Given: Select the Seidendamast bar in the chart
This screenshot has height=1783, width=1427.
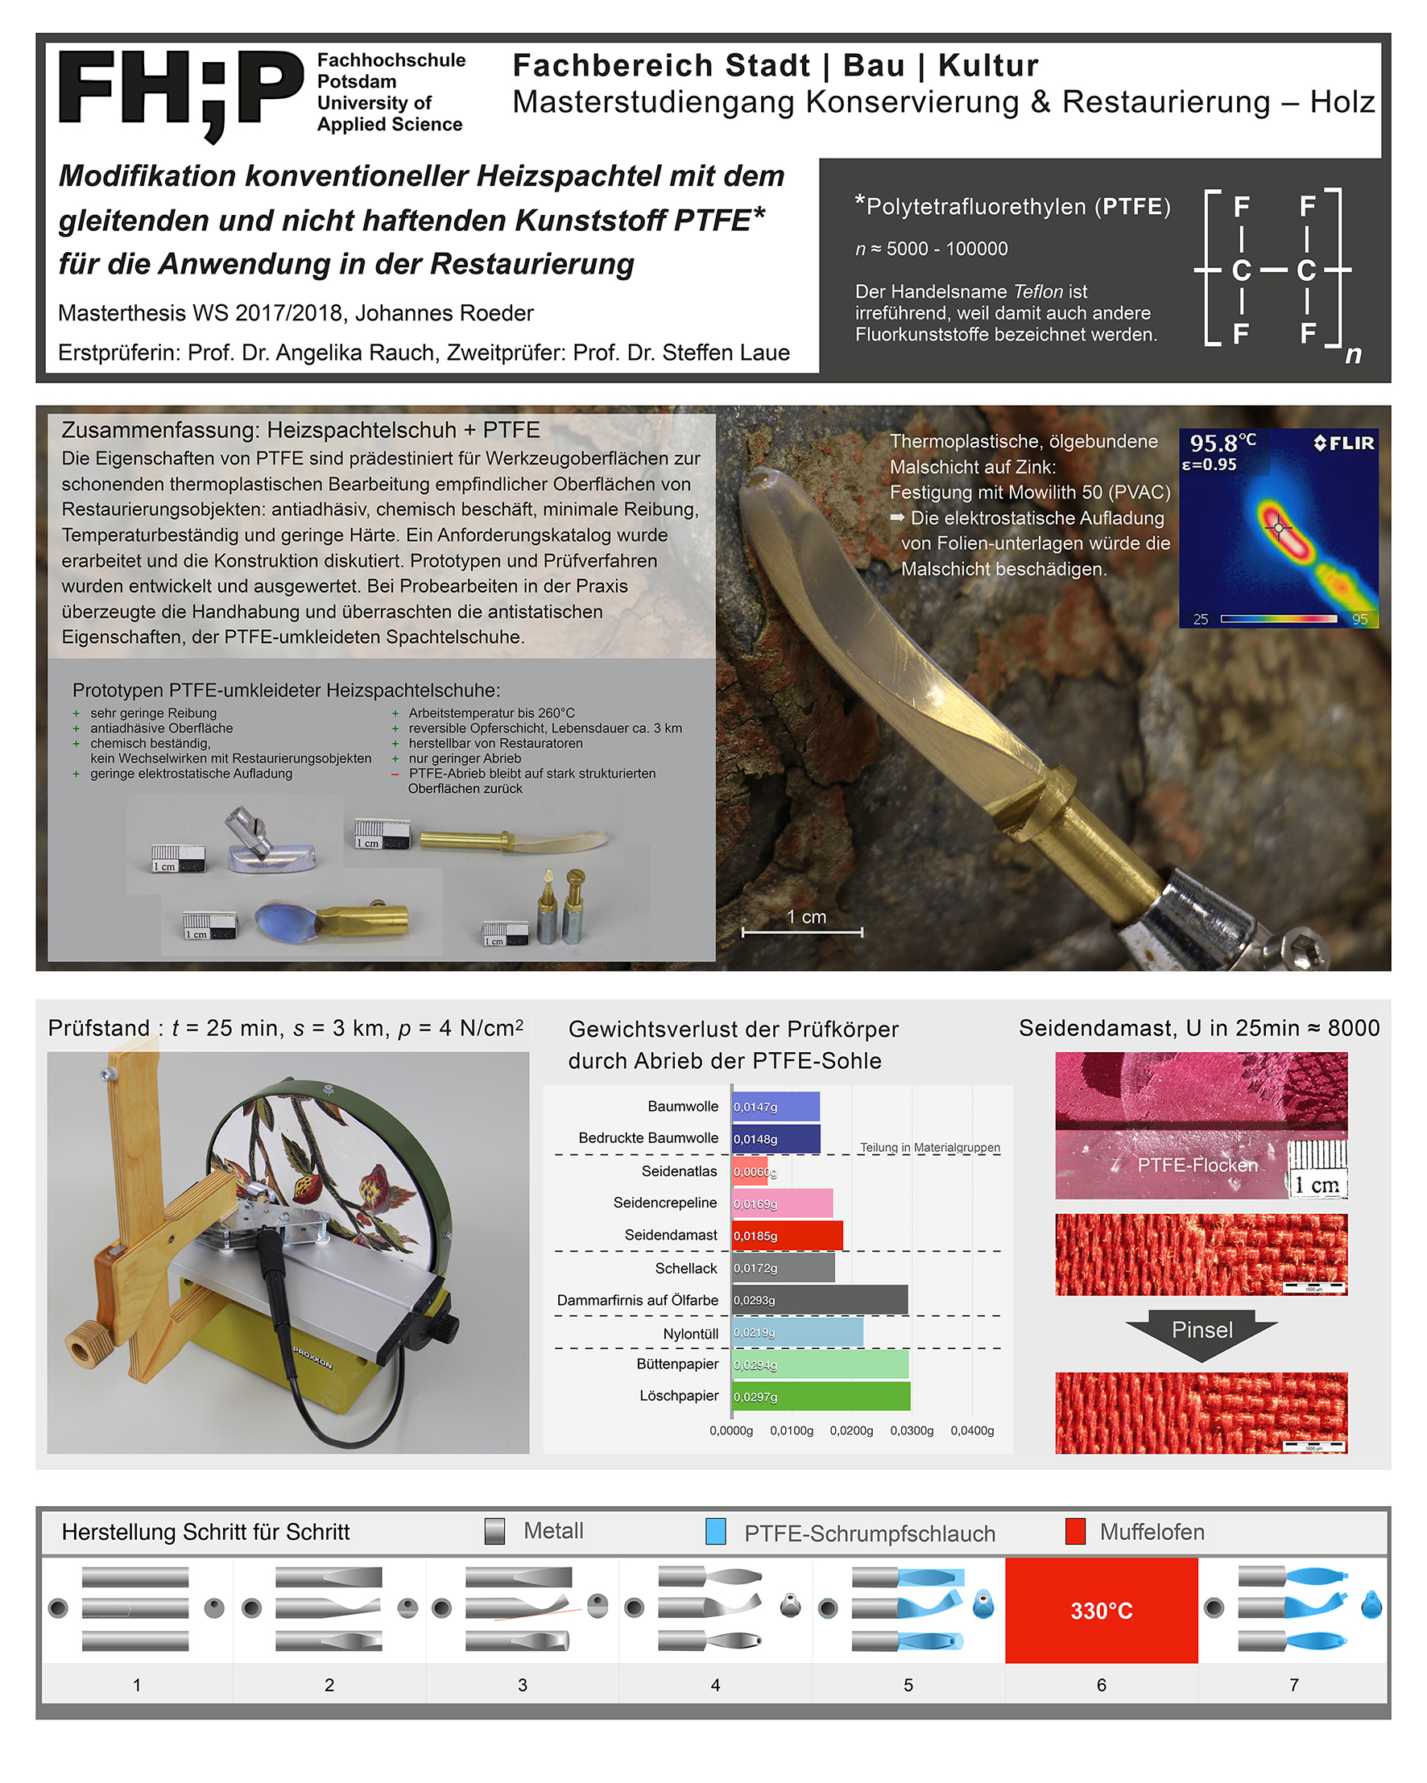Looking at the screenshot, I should pyautogui.click(x=787, y=1236).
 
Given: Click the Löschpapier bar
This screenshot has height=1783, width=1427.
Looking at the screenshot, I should pyautogui.click(x=821, y=1397).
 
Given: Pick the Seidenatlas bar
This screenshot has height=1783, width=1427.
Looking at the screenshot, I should pyautogui.click(x=750, y=1171).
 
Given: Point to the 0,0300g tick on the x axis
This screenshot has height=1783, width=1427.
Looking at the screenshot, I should pyautogui.click(x=912, y=1430).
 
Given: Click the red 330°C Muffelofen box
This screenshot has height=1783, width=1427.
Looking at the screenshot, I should pyautogui.click(x=1101, y=1610).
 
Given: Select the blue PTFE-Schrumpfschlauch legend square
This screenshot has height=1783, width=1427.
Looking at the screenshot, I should pyautogui.click(x=716, y=1532).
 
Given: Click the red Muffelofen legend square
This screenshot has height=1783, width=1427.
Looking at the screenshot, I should pyautogui.click(x=1074, y=1532).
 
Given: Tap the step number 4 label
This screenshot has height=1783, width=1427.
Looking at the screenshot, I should pyautogui.click(x=716, y=1685).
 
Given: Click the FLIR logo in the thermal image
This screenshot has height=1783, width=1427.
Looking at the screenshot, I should pyautogui.click(x=1344, y=444).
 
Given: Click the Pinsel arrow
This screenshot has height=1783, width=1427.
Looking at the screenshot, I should pyautogui.click(x=1202, y=1331).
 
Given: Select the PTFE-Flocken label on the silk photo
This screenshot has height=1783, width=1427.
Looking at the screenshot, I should pyautogui.click(x=1197, y=1166).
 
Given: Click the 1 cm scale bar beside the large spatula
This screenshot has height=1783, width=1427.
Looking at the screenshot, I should pyautogui.click(x=802, y=931).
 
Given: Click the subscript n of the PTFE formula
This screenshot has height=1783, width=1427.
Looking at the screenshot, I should pyautogui.click(x=1354, y=355).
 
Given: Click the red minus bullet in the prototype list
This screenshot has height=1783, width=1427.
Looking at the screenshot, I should pyautogui.click(x=395, y=774).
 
